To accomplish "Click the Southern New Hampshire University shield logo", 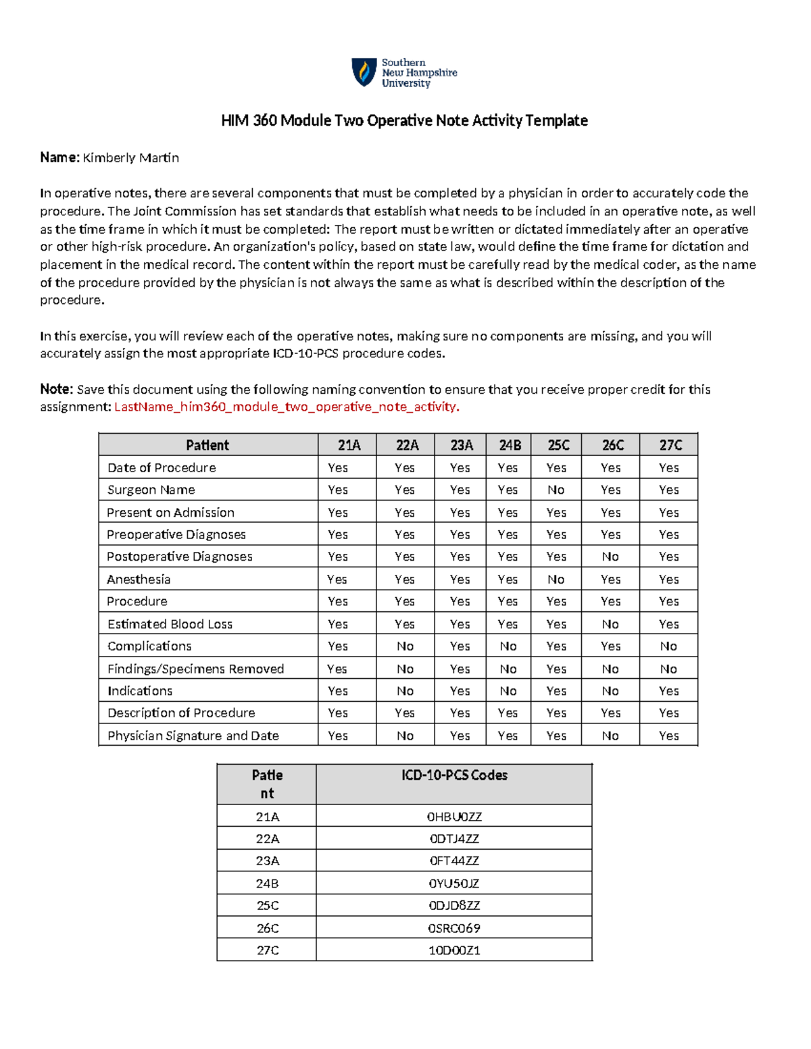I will [364, 72].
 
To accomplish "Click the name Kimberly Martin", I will [130, 158].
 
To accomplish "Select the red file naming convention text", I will [287, 407].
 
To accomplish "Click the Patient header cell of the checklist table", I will [207, 445].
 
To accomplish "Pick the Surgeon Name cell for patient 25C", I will [556, 490].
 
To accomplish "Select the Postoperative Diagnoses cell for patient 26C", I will [610, 557].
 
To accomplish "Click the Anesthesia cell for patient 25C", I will [556, 579].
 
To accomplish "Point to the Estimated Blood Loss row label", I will [170, 624].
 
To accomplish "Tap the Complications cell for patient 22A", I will [405, 646].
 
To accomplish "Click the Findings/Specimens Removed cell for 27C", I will [668, 669].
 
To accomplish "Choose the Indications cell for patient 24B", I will [508, 691].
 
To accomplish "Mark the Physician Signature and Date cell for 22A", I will [405, 736].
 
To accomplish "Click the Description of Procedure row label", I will [181, 713].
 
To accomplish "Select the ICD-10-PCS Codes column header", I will [454, 775].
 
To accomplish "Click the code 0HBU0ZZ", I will [454, 817].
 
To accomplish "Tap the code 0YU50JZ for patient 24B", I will [454, 884].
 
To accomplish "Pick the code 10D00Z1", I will [454, 950].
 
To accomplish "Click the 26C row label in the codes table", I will [267, 928].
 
